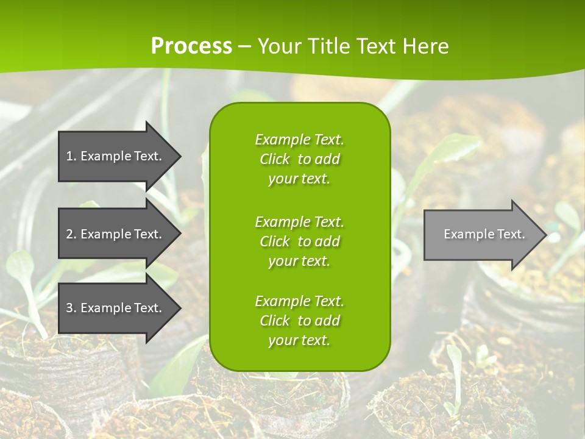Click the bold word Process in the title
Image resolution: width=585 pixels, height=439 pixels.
[191, 46]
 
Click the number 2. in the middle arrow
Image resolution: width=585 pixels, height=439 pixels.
[71, 234]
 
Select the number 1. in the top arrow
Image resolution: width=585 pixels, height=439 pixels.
[71, 156]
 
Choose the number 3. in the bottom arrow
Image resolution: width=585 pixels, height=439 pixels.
[71, 308]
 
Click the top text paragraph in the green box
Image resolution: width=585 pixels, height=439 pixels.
[299, 159]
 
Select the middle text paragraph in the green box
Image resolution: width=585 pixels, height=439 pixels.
[299, 241]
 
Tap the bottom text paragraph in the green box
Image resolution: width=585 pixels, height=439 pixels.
[299, 321]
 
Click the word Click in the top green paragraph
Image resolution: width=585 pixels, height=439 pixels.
[274, 159]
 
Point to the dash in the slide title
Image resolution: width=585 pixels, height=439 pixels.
[244, 46]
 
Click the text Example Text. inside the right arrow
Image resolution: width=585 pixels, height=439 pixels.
[484, 234]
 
